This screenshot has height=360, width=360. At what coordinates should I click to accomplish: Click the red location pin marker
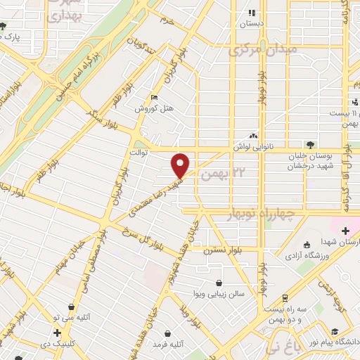(181, 165)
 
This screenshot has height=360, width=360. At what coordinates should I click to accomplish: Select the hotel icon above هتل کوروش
(155, 98)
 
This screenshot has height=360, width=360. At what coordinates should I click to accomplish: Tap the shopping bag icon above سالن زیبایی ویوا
(221, 283)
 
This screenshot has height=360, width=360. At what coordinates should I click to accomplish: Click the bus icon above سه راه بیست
(285, 297)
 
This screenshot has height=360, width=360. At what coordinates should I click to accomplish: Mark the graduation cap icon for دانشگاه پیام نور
(333, 330)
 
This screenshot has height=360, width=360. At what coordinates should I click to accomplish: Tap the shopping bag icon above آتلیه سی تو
(72, 307)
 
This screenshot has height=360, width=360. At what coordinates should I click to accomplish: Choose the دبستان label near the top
(252, 23)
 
